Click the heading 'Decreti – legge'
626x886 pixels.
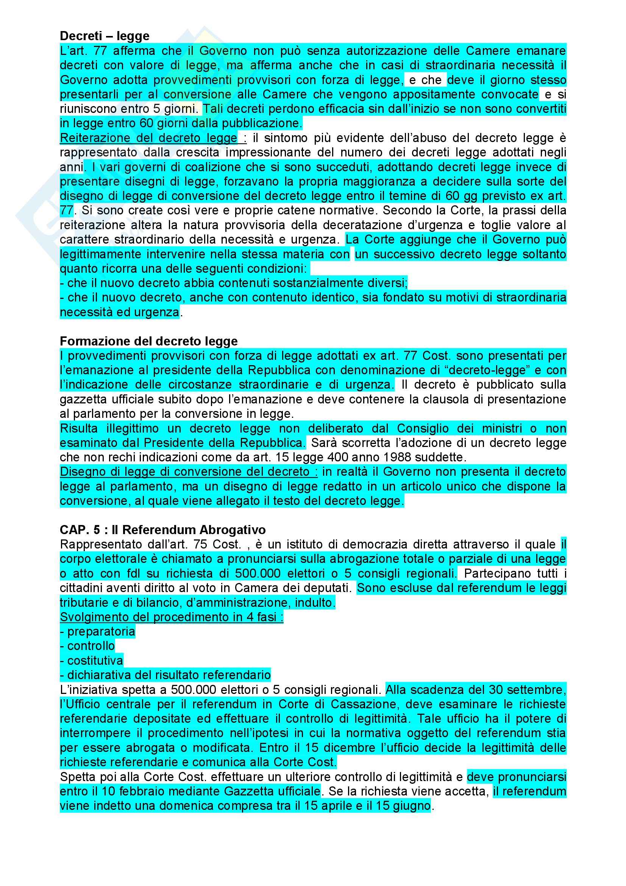coord(105,36)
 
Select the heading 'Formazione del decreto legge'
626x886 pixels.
coord(148,341)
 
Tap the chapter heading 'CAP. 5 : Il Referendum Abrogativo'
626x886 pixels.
coord(162,530)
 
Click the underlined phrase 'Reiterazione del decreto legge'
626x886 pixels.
coord(148,138)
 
